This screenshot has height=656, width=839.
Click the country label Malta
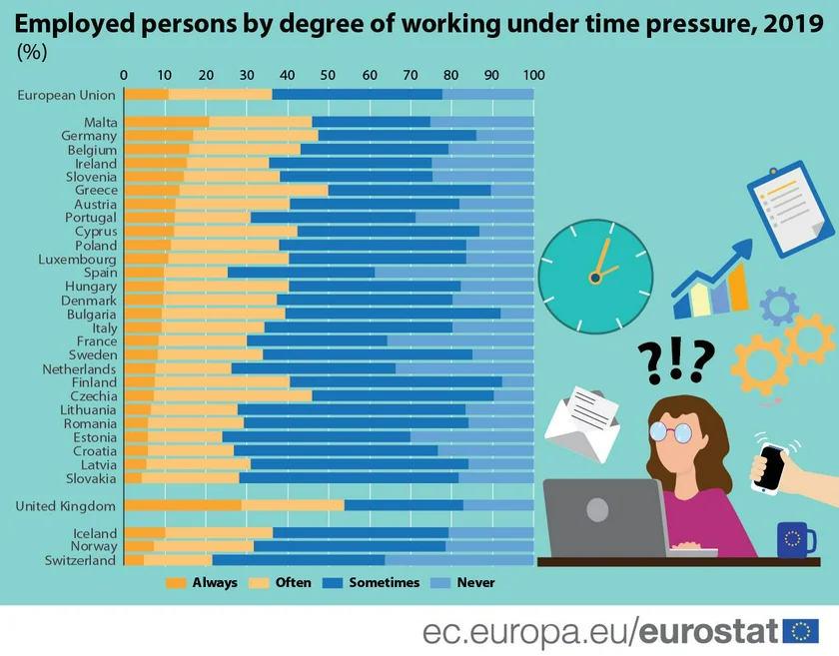click(x=101, y=122)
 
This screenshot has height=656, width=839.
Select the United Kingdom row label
click(x=66, y=506)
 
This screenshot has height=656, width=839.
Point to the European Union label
click(x=67, y=95)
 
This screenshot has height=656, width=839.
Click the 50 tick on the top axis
click(x=329, y=75)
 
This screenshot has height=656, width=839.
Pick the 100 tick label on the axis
click(x=533, y=75)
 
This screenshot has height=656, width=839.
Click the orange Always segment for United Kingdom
click(x=183, y=505)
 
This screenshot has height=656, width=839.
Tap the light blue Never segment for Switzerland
click(x=458, y=560)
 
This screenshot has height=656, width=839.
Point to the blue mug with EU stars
click(x=794, y=540)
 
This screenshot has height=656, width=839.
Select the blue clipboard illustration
click(x=791, y=208)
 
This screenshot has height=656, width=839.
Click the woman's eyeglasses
click(x=670, y=431)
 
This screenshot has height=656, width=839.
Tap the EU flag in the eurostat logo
click(x=801, y=631)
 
